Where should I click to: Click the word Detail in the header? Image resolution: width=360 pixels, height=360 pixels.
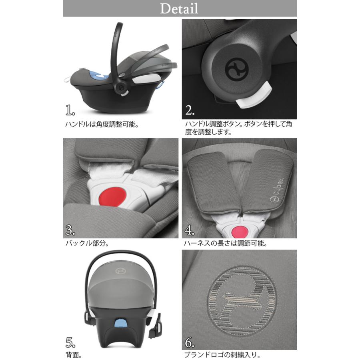click(179, 8)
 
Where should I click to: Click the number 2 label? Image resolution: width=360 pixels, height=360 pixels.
click(190, 110)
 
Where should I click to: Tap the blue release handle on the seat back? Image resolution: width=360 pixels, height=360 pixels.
click(120, 323)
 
